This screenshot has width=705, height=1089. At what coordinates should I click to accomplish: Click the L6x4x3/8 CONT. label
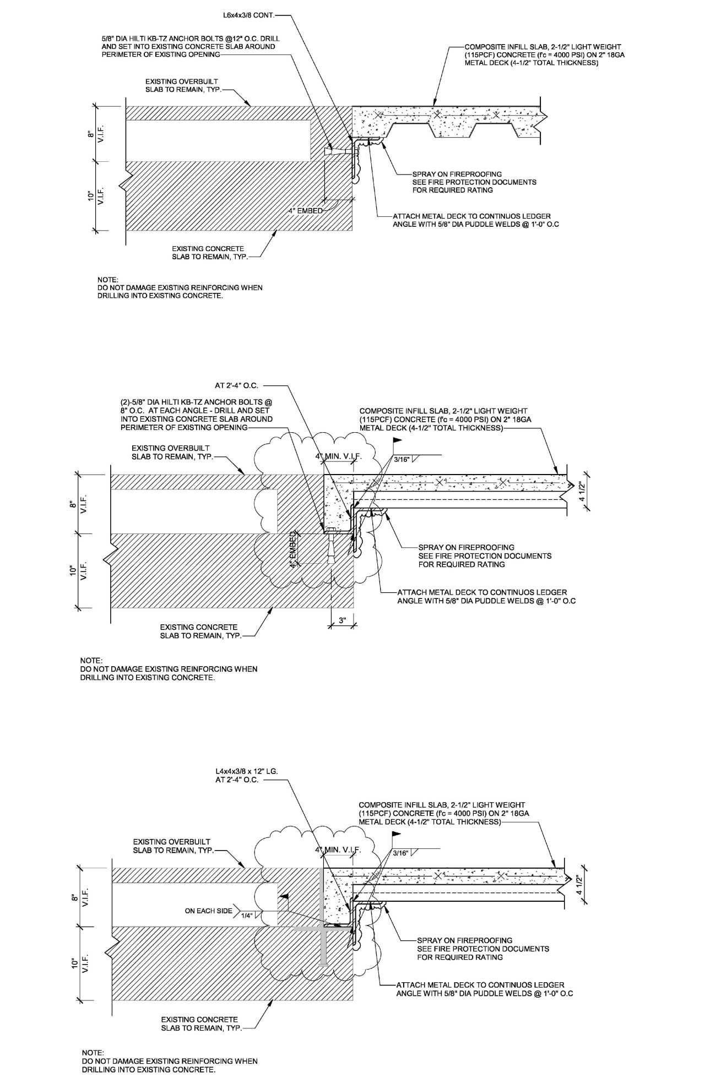(247, 15)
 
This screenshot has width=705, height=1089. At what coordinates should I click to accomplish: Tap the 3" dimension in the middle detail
(342, 620)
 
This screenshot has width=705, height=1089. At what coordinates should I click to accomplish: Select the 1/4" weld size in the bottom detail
(246, 916)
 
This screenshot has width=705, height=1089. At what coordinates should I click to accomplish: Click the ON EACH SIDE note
(208, 911)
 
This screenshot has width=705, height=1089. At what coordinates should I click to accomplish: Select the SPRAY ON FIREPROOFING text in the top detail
(457, 174)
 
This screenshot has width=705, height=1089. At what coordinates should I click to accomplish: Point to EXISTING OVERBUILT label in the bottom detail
(171, 842)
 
